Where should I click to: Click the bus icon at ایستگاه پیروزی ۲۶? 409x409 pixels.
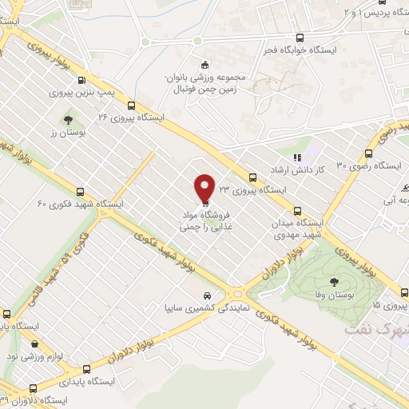pyautogui.click(x=131, y=105)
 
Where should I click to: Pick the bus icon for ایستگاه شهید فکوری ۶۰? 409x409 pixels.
pyautogui.click(x=80, y=192)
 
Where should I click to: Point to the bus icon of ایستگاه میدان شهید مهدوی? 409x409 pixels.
pyautogui.click(x=298, y=211)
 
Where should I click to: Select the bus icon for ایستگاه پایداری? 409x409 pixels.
pyautogui.click(x=85, y=369)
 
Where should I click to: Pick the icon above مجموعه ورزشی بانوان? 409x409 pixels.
pyautogui.click(x=205, y=65)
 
